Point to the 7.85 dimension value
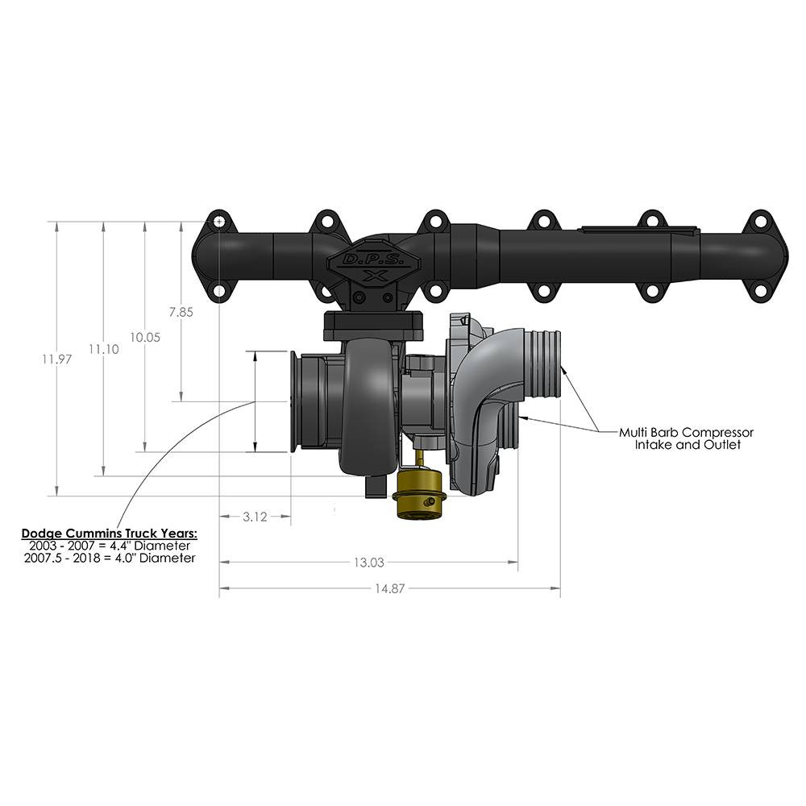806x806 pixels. [x=181, y=314]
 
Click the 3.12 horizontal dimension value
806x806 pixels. [x=255, y=517]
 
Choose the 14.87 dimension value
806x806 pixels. [x=390, y=588]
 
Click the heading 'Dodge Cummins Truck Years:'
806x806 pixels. [x=109, y=534]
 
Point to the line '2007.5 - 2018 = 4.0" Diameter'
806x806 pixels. [x=110, y=558]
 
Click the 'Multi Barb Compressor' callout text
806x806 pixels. [x=686, y=433]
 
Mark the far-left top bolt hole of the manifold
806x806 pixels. [x=218, y=221]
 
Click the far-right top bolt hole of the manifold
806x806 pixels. [x=758, y=221]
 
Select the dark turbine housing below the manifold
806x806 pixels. [x=368, y=403]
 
